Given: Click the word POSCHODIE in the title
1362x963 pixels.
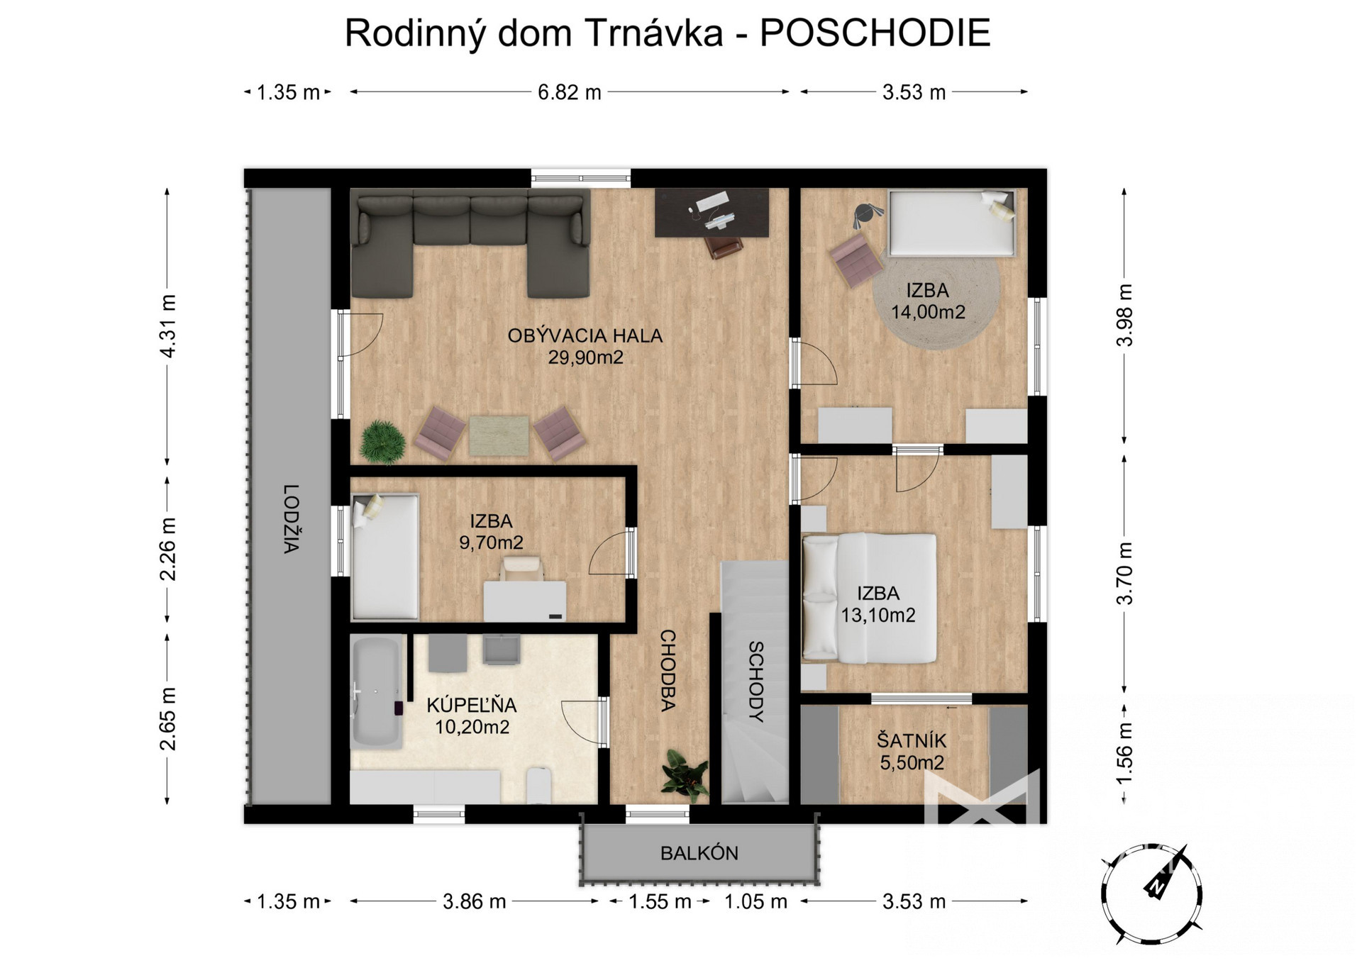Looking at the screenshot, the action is tap(875, 33).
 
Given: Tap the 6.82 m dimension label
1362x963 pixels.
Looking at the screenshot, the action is tap(569, 92).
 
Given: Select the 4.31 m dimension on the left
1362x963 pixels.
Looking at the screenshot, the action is tap(167, 325).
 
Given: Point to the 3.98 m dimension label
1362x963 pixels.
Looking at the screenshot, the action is tap(1124, 315).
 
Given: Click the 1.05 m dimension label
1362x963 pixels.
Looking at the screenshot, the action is tap(755, 901).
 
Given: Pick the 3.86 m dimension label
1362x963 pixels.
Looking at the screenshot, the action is tap(474, 901).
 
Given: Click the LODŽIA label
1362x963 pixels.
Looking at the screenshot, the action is tap(291, 518).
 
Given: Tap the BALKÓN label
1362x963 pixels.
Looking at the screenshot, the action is tap(699, 853).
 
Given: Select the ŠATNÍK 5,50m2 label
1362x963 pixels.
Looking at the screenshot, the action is tap(912, 752).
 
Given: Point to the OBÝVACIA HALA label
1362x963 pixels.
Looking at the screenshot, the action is tap(585, 335).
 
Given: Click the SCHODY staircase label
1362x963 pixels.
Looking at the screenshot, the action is tap(756, 681).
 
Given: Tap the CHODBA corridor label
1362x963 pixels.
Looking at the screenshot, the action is tap(668, 670).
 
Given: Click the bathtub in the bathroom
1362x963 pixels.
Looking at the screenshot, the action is tap(376, 693).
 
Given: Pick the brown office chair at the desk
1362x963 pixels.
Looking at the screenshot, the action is tap(724, 245).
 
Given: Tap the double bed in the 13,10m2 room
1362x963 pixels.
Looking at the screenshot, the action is tap(870, 598).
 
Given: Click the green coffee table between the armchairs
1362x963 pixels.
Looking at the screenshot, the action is tap(499, 435).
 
